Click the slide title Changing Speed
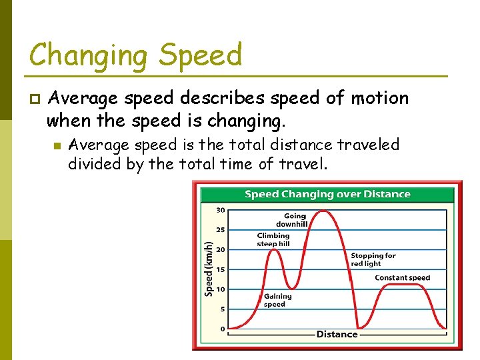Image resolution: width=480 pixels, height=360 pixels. click(135, 55)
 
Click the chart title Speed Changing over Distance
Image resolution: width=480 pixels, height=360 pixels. click(327, 195)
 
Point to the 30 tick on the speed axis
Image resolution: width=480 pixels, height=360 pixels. click(220, 210)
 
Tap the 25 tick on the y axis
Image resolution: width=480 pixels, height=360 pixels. click(220, 230)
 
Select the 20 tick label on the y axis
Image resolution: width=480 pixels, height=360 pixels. click(220, 250)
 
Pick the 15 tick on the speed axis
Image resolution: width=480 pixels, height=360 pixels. click(220, 269)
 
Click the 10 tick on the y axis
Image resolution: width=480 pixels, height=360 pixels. click(220, 289)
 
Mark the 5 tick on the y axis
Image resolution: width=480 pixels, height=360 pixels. click(222, 309)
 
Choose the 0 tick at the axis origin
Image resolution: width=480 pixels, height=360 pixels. click(222, 329)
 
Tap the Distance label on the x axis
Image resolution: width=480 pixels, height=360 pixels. click(337, 334)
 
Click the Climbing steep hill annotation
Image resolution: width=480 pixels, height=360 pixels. click(273, 240)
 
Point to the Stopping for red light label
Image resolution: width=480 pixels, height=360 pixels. click(373, 259)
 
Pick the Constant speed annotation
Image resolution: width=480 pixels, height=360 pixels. click(402, 278)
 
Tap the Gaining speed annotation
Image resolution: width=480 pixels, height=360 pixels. click(277, 300)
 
